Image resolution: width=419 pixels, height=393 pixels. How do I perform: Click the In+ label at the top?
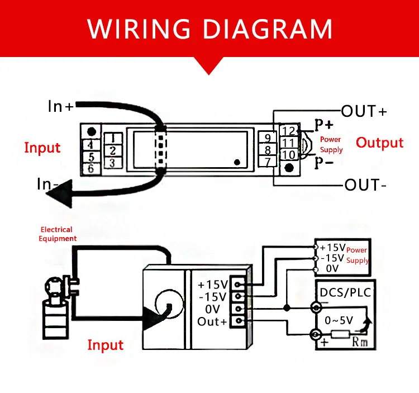[x=60, y=106]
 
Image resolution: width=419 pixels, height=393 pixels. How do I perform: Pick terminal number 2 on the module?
[x=113, y=150]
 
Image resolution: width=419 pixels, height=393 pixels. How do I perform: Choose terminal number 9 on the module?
[x=268, y=138]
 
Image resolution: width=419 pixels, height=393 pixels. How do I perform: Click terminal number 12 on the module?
[x=289, y=131]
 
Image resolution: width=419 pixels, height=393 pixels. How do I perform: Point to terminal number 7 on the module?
[x=268, y=162]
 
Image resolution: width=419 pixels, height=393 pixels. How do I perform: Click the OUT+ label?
[x=364, y=111]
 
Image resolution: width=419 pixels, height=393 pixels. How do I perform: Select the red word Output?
[x=379, y=143]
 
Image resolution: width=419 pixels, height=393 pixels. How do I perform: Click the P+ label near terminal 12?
[x=323, y=124]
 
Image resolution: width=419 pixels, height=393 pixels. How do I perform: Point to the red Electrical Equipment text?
[x=57, y=234]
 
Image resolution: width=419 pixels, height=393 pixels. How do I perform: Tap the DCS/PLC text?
[x=345, y=292]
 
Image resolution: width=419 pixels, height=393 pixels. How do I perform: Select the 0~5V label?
[x=339, y=320]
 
